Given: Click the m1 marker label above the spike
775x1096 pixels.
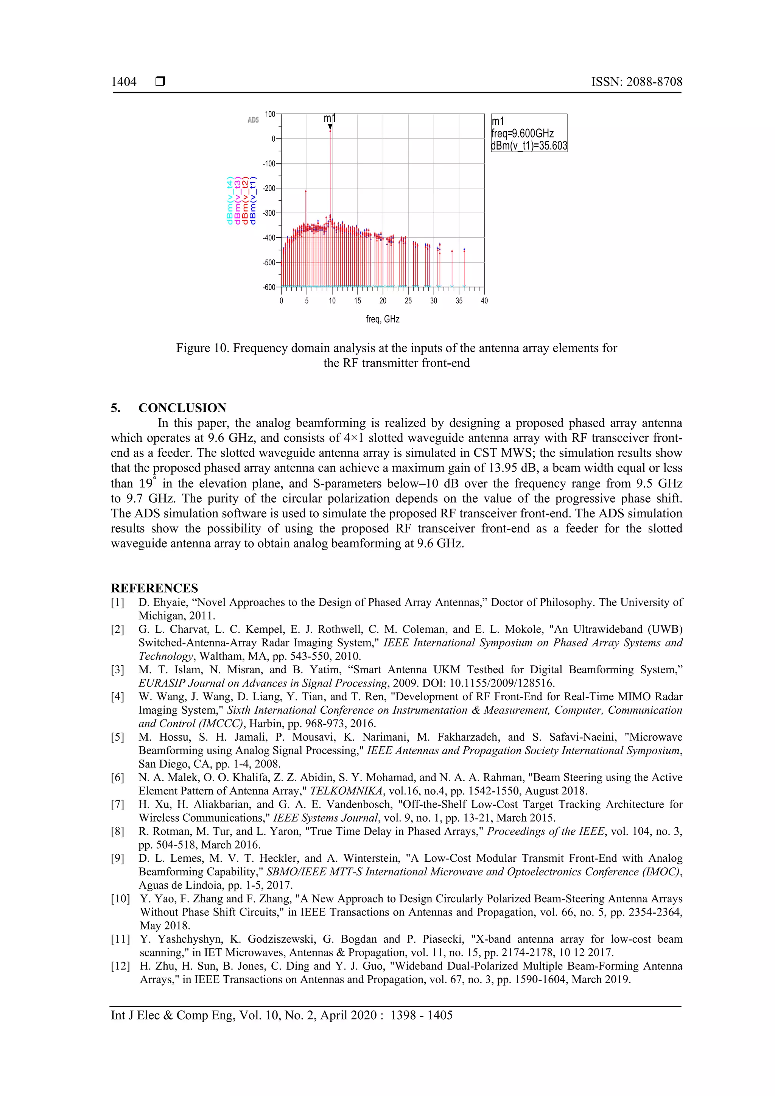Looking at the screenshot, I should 330,118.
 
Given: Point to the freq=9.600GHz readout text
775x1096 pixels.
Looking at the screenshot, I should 522,134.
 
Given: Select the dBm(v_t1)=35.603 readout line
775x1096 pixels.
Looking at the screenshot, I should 529,146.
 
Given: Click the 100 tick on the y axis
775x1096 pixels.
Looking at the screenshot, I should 270,114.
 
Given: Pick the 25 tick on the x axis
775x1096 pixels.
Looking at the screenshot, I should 408,301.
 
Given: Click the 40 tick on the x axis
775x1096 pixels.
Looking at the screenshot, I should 484,301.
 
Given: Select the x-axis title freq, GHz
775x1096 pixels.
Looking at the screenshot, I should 382,319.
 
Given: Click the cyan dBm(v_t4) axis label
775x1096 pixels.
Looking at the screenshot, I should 230,201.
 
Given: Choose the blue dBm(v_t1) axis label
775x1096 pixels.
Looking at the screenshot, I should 253,201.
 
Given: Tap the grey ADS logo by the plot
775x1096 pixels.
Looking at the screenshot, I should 254,120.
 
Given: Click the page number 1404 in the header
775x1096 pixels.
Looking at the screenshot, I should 124,82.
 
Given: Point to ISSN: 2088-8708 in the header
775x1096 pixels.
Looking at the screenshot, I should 636,82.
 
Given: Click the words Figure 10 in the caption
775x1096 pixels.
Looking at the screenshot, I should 202,348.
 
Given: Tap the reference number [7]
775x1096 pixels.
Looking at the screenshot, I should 117,804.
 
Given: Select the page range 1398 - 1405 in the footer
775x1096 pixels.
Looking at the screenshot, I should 421,1015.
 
